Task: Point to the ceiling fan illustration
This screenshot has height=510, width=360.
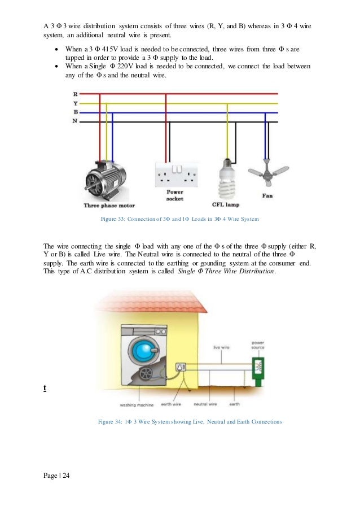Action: (268, 172)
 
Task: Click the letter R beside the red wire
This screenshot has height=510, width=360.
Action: (75, 94)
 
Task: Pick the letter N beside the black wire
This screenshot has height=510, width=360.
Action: (75, 121)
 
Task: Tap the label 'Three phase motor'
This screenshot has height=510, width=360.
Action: (109, 206)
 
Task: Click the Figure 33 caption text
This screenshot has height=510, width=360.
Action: (179, 219)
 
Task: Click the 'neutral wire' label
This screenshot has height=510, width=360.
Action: (205, 405)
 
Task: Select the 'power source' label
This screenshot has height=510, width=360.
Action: (258, 344)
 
